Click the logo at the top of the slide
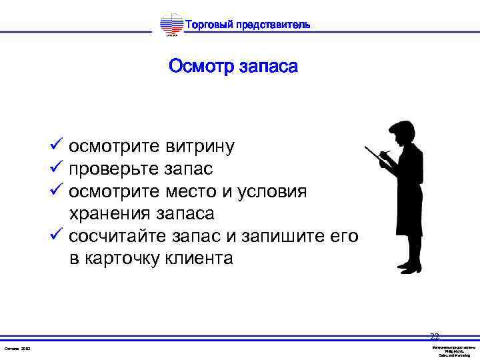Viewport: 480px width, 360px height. (x=171, y=25)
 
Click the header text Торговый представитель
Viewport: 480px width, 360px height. (x=247, y=25)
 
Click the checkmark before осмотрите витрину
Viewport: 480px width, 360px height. (x=57, y=145)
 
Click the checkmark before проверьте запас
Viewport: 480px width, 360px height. (x=57, y=169)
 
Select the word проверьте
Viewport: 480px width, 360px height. (x=114, y=169)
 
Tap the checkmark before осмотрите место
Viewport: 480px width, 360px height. (x=57, y=191)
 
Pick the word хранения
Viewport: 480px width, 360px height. (x=110, y=214)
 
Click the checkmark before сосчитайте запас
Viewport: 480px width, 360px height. (x=57, y=236)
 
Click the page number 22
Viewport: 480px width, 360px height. (x=435, y=336)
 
